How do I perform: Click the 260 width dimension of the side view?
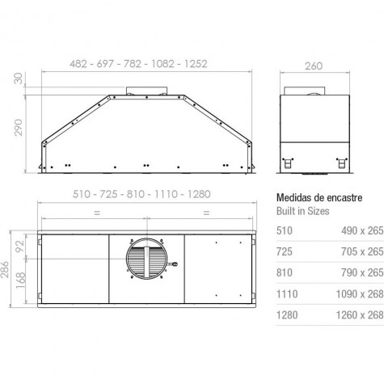pos(314,66)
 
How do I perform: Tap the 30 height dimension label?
pos(19,78)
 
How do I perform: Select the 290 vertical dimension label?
pos(19,128)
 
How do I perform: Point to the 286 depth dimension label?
pos(5,269)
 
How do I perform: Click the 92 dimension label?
pos(20,246)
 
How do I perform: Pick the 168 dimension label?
pos(20,281)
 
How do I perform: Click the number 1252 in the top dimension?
pos(196,64)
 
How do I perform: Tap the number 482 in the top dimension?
pos(78,64)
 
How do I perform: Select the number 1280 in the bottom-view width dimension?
pos(199,194)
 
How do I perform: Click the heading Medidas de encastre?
pos(319,198)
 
